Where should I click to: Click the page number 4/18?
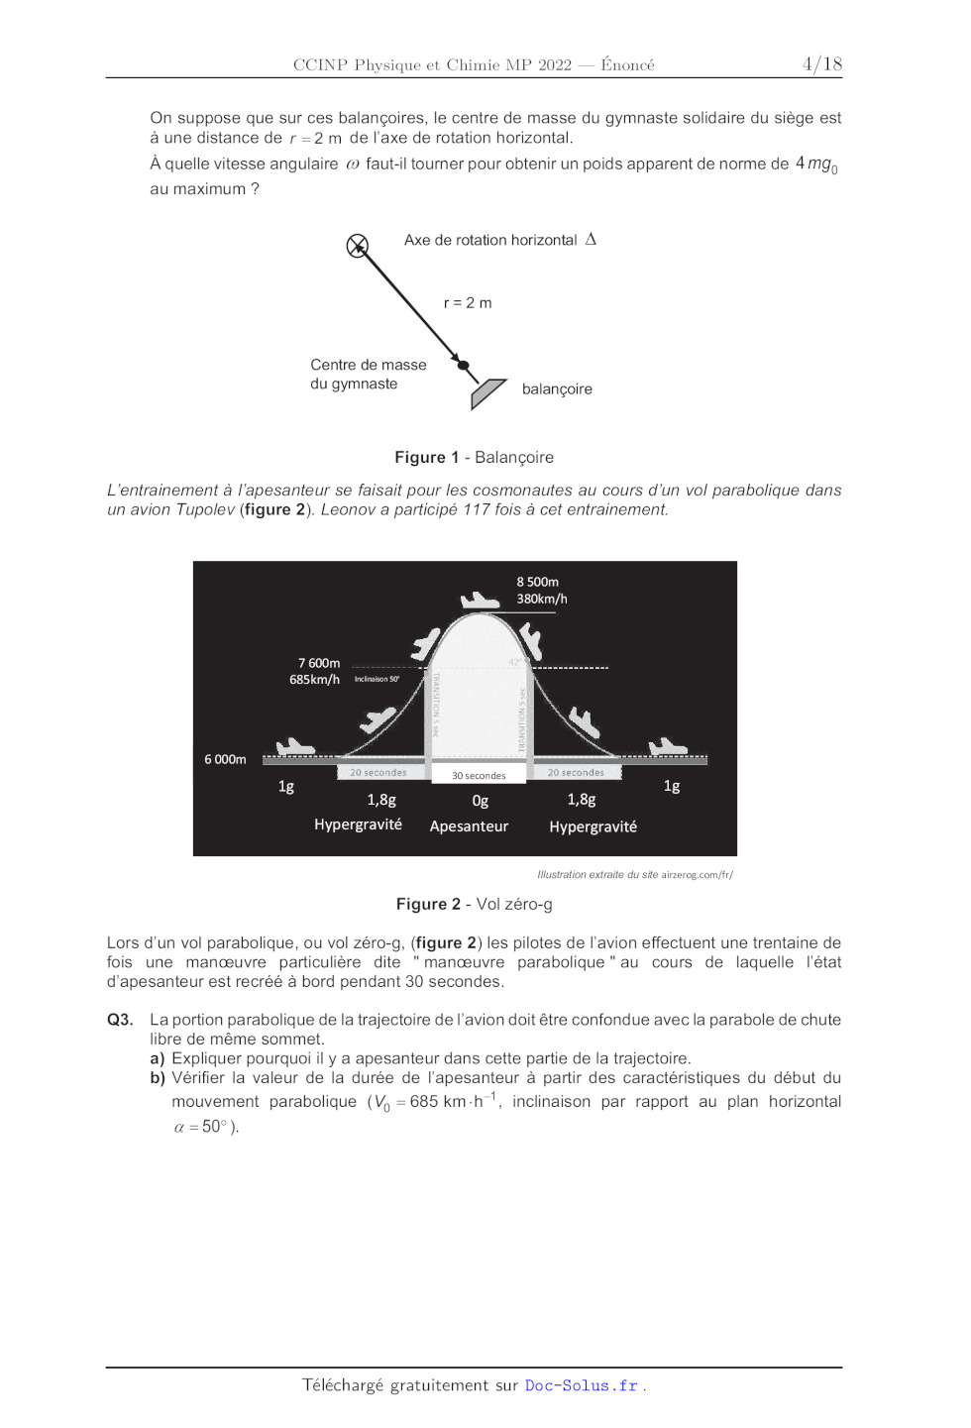click(821, 64)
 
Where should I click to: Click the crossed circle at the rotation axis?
click(358, 246)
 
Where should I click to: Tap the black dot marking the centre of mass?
click(463, 366)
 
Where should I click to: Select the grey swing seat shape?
click(487, 392)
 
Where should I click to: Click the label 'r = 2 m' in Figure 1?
click(468, 303)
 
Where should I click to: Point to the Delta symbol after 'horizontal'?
click(591, 239)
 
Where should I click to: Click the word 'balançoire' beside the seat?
click(557, 389)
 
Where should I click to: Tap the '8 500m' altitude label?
click(537, 582)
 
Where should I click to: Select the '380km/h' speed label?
click(541, 599)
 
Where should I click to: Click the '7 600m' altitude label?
click(318, 663)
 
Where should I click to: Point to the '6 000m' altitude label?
click(225, 759)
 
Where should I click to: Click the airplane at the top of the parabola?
click(480, 601)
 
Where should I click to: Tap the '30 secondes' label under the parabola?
click(479, 776)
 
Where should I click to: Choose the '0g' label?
click(480, 801)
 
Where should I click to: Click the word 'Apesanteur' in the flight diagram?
click(469, 826)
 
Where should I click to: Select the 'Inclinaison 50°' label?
click(377, 679)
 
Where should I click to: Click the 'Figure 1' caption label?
click(426, 458)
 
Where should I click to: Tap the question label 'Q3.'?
click(120, 1020)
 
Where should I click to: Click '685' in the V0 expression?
click(424, 1102)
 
